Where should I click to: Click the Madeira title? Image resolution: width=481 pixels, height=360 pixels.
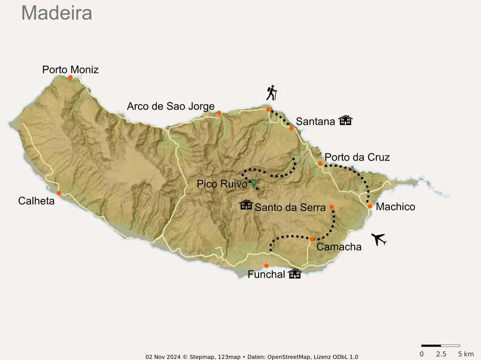57,12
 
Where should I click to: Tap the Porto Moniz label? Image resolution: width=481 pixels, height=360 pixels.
70,70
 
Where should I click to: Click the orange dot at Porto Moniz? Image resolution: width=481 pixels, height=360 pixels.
70,78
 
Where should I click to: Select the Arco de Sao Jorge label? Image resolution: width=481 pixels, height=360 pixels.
170,106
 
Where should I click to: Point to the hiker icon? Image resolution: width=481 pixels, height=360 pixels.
272,92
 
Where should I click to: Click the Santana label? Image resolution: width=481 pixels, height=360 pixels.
315,121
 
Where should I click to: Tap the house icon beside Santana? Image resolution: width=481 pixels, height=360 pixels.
345,120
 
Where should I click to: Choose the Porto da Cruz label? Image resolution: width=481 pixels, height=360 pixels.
357,157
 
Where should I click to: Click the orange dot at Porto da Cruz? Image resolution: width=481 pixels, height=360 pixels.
320,164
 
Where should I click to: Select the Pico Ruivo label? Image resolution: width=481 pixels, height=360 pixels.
222,184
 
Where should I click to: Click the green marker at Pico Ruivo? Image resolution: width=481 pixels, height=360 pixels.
253,182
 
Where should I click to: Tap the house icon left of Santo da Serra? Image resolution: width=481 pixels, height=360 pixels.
246,204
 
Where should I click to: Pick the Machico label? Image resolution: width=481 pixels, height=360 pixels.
395,207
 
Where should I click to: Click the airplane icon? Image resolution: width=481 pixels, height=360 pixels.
379,239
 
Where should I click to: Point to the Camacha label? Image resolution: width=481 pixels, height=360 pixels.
338,247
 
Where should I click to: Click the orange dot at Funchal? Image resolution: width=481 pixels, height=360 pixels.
267,265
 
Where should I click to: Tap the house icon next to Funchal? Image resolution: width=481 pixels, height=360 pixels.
294,274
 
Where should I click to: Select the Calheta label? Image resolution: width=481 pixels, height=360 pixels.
36,200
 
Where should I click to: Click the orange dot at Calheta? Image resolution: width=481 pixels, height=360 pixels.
59,193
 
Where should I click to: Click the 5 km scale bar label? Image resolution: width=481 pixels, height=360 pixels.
465,354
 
